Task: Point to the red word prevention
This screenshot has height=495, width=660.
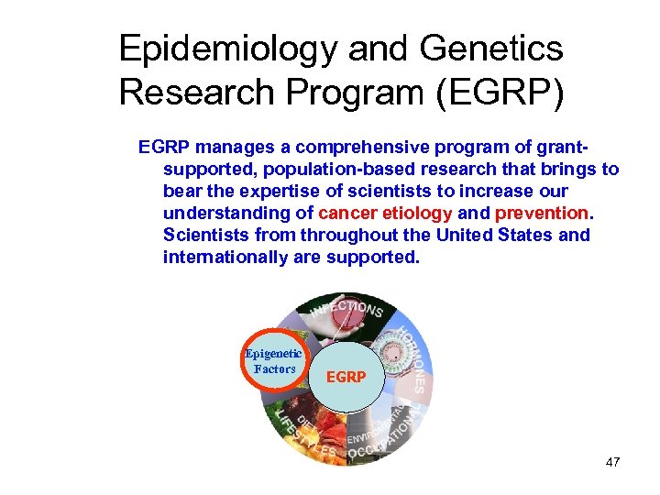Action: coord(543,214)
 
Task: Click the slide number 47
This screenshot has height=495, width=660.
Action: coord(612,462)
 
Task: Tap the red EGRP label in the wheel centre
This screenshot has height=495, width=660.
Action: coord(346,377)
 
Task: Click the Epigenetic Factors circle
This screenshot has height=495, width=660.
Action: coord(272,361)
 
